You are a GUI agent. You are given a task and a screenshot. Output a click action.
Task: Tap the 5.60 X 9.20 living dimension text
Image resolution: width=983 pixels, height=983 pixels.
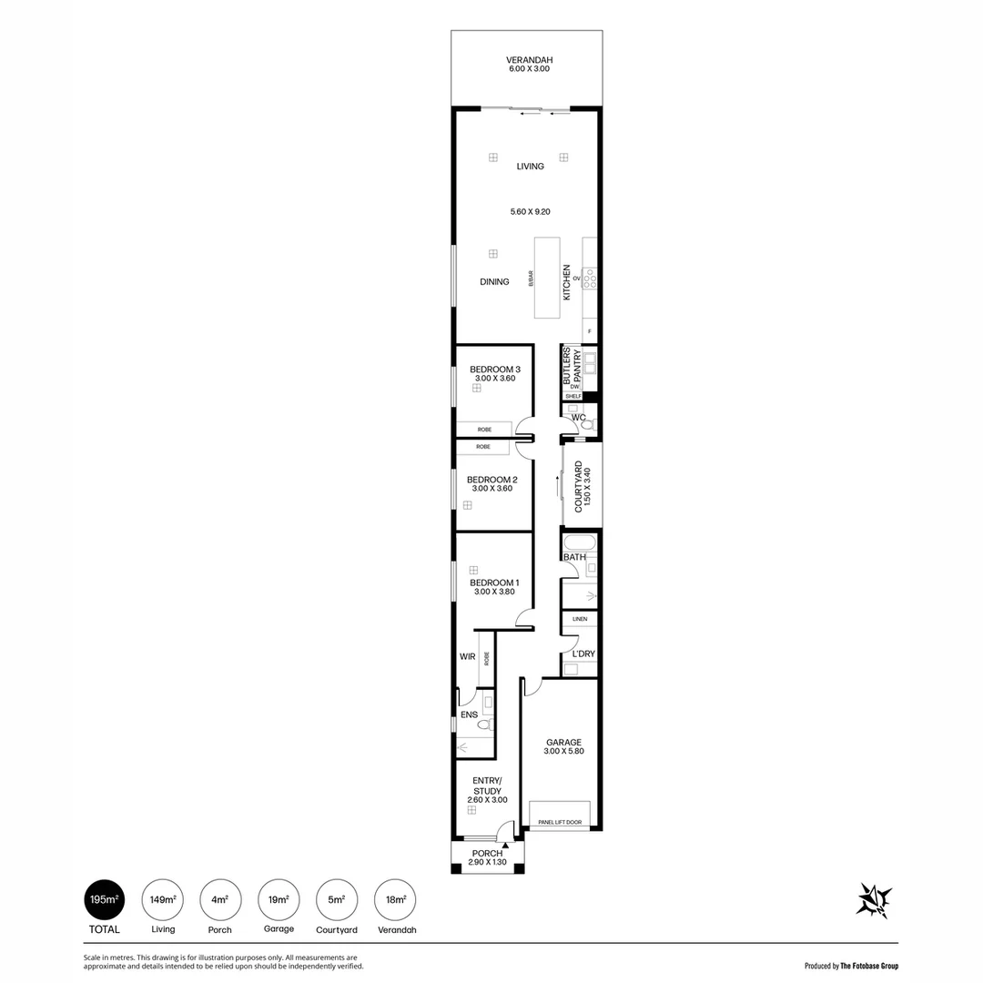coord(530,211)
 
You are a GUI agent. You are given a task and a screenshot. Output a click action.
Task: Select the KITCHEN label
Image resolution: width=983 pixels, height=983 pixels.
coord(566,282)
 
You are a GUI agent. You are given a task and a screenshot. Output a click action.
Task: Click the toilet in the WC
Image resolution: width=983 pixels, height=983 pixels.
coord(587,425)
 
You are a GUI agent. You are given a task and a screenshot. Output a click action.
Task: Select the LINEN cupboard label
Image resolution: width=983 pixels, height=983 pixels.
coord(580,619)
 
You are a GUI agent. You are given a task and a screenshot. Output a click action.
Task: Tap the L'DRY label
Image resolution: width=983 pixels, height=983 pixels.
coord(583,654)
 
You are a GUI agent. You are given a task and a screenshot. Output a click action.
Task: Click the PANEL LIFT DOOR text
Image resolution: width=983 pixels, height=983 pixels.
coord(559,822)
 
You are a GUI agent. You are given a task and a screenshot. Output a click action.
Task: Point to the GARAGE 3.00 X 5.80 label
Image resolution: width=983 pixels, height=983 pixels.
coord(562,746)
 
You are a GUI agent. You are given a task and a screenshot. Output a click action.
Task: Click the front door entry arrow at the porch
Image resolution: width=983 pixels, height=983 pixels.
coord(504,845)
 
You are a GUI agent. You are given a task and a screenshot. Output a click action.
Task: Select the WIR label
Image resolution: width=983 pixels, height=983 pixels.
coord(467,655)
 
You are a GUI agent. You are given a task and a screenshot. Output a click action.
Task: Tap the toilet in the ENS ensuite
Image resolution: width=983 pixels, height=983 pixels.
coord(483,725)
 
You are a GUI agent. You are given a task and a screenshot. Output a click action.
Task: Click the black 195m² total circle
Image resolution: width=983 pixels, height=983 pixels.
coord(104,900)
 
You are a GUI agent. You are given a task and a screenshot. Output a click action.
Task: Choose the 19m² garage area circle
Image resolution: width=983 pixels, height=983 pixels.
coord(279,900)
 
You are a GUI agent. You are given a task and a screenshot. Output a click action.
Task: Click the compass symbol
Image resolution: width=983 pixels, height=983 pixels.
coord(874,900)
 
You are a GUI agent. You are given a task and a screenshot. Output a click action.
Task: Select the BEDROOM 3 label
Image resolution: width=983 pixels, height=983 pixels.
coord(494,373)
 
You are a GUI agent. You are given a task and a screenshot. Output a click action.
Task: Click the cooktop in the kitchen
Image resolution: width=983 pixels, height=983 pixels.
coord(590,279)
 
